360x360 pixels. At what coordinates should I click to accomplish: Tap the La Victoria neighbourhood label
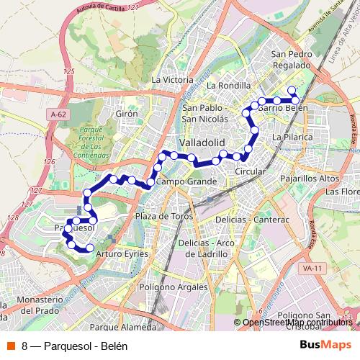coord(173,79)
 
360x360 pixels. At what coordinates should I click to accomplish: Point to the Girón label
coord(126,114)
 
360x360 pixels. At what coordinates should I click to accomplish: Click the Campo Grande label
coord(186,181)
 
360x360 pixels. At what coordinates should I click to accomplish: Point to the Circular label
coord(251,173)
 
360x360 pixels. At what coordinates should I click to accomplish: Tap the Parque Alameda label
coord(124,327)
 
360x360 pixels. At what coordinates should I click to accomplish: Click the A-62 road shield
coord(59,114)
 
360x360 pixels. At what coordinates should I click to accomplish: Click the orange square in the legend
coord(12,345)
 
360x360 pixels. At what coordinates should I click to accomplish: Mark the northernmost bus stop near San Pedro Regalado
coord(292,90)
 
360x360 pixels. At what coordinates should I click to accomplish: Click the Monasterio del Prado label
coord(33,305)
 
